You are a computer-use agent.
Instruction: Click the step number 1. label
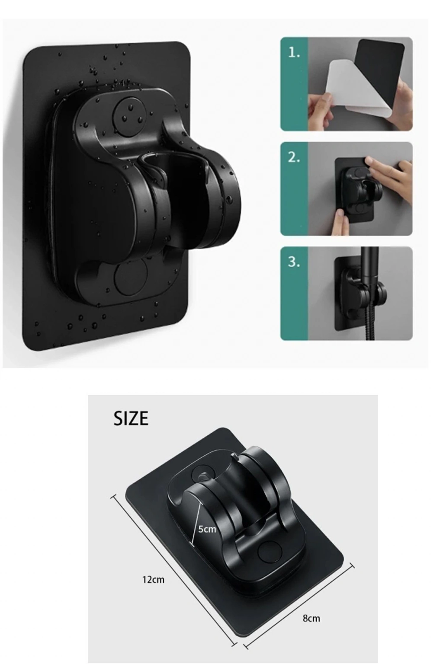pos(294,52)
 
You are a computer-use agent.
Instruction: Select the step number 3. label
pos(294,262)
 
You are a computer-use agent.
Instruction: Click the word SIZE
pos(131,418)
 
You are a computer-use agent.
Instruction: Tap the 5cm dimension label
pos(207,529)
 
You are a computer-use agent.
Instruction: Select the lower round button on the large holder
pos(131,275)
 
